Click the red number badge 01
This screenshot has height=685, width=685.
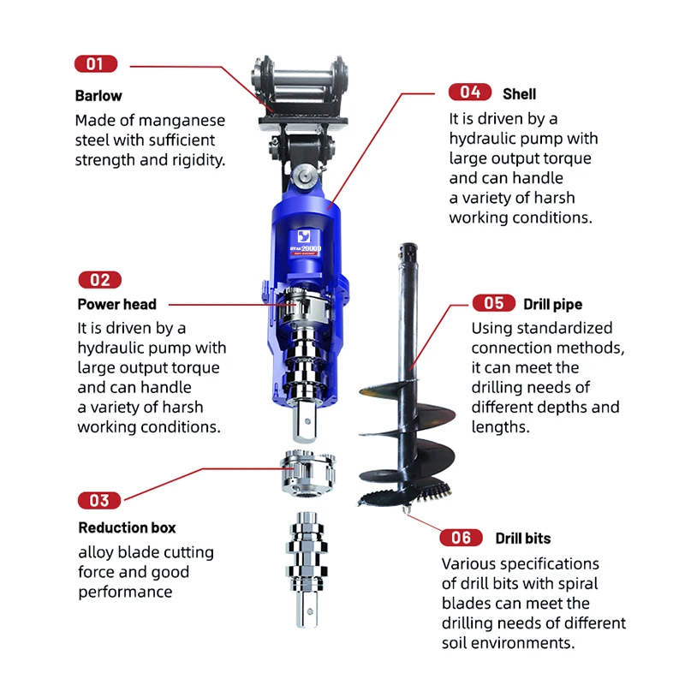pyautogui.click(x=96, y=63)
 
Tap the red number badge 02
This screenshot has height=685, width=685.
pyautogui.click(x=99, y=280)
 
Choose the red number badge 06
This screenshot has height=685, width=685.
pyautogui.click(x=461, y=538)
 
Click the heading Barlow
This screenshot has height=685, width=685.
pyautogui.click(x=98, y=96)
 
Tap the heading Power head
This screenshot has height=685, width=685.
pyautogui.click(x=117, y=304)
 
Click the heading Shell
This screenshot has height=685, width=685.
pyautogui.click(x=520, y=93)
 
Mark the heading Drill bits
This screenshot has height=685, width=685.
pyautogui.click(x=523, y=539)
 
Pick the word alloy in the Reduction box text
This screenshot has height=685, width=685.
pyautogui.click(x=96, y=552)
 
